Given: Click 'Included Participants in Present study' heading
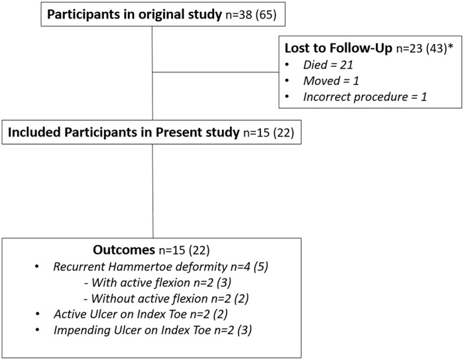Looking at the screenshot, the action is coord(123,132).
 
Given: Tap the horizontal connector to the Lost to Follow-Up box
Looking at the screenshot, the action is coord(216,84).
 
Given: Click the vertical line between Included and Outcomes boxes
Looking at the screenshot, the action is coord(153,192).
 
